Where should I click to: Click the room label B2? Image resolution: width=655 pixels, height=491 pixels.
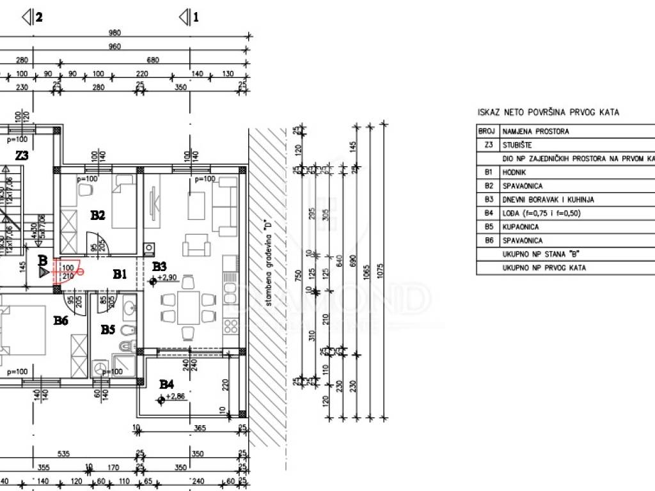pyautogui.click(x=97, y=215)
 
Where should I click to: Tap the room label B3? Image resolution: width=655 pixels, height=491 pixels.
pyautogui.click(x=159, y=266)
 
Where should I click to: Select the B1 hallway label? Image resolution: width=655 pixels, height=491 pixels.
pyautogui.click(x=120, y=274)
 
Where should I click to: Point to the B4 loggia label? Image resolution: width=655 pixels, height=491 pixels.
pyautogui.click(x=166, y=384)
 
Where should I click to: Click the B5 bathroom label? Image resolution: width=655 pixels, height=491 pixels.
pyautogui.click(x=108, y=330)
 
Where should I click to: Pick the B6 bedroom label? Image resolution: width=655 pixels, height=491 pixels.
pyautogui.click(x=61, y=320)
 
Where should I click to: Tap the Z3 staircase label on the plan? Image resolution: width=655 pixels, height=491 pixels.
pyautogui.click(x=22, y=155)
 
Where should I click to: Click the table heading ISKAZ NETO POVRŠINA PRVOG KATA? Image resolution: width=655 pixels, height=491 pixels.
pyautogui.click(x=548, y=113)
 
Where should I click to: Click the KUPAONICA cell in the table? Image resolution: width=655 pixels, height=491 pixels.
pyautogui.click(x=521, y=227)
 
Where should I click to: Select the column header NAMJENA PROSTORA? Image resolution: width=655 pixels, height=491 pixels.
pyautogui.click(x=535, y=131)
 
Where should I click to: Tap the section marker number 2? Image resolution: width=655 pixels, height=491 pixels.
pyautogui.click(x=39, y=18)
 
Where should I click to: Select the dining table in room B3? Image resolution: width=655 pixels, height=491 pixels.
pyautogui.click(x=187, y=308)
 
